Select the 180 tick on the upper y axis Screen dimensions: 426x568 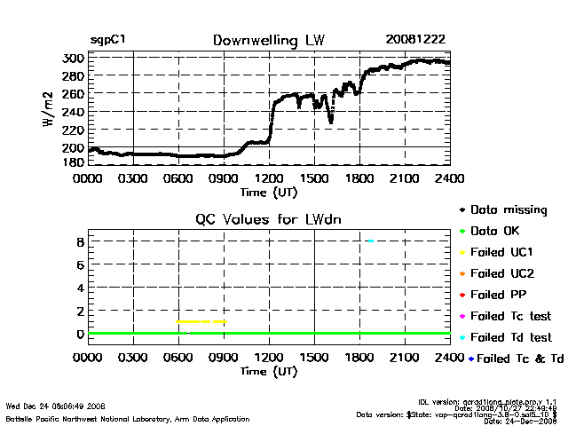[74, 162]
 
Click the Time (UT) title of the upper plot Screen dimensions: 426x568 [270, 191]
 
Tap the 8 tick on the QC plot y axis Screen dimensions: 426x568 [79, 241]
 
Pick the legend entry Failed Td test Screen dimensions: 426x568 [510, 337]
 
